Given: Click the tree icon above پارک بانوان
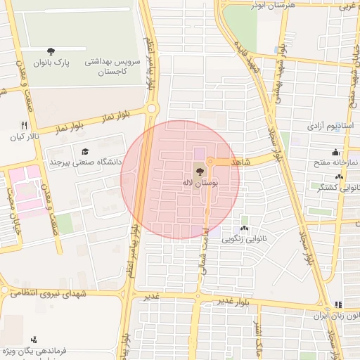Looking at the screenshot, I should point(51,51).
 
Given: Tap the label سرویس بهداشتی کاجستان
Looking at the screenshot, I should point(113,67).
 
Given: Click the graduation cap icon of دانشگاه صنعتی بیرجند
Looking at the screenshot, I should point(86,151).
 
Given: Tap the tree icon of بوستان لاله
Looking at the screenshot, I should point(199,171).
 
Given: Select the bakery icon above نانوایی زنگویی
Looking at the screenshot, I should point(244,228).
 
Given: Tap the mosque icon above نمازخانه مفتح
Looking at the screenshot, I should point(335,151).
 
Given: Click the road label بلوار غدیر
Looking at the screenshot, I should point(232,302).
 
